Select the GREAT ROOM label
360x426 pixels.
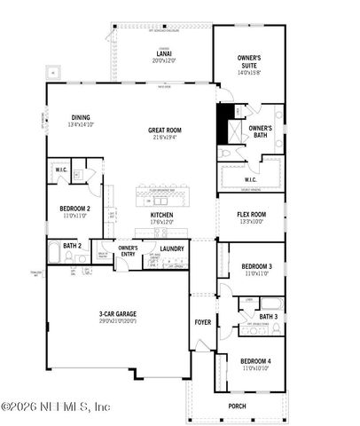[165, 130]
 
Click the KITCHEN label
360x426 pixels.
[161, 215]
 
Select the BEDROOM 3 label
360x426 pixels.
[257, 266]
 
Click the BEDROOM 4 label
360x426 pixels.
[256, 362]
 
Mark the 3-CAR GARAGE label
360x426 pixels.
[117, 314]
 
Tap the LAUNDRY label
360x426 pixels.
[172, 248]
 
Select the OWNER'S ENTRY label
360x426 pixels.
[129, 250]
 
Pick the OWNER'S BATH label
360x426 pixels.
[260, 131]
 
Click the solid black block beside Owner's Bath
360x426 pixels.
[225, 121]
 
